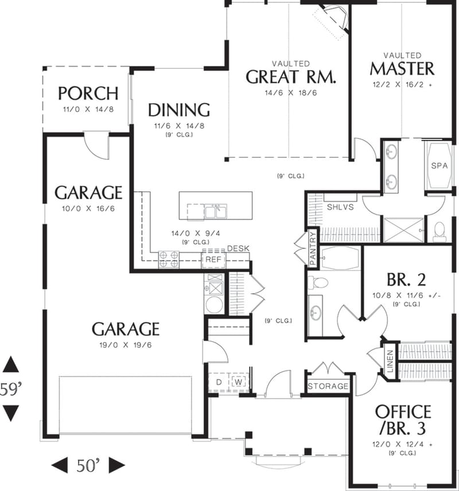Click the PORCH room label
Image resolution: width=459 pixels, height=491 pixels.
pyautogui.click(x=88, y=93)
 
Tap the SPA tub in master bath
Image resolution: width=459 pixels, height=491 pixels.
pyautogui.click(x=439, y=165)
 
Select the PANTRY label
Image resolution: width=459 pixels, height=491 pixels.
pyautogui.click(x=313, y=248)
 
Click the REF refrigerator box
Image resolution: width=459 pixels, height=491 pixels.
pyautogui.click(x=213, y=260)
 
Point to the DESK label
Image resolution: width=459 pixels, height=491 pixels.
pyautogui.click(x=238, y=248)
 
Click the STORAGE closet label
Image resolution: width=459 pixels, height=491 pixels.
pyautogui.click(x=328, y=386)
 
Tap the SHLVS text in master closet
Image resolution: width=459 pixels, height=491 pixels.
pyautogui.click(x=340, y=206)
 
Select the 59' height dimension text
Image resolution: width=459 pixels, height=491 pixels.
pyautogui.click(x=11, y=389)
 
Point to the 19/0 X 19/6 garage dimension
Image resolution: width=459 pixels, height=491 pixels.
pyautogui.click(x=125, y=345)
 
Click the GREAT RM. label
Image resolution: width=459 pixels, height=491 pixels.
pyautogui.click(x=290, y=77)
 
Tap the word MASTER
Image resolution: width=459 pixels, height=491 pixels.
pyautogui.click(x=402, y=69)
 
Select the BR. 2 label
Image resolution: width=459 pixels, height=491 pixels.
pyautogui.click(x=406, y=280)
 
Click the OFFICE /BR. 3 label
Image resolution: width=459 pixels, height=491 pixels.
pyautogui.click(x=403, y=420)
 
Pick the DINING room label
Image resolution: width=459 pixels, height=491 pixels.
pyautogui.click(x=178, y=110)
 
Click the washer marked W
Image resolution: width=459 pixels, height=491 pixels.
pyautogui.click(x=238, y=382)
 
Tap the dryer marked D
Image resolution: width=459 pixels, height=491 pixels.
pyautogui.click(x=219, y=382)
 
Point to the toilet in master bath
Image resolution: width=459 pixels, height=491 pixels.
pyautogui.click(x=440, y=231)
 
